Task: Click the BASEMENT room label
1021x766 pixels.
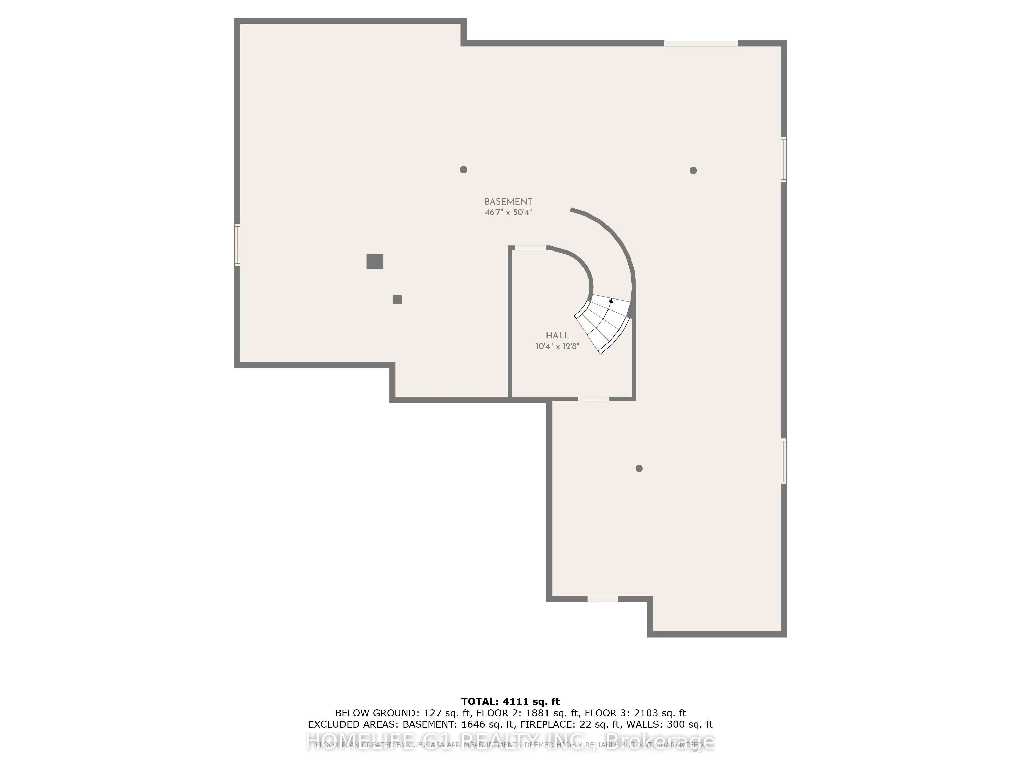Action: click(x=508, y=202)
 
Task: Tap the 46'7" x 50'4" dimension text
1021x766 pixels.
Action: click(x=508, y=212)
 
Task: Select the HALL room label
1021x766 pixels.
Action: click(x=557, y=336)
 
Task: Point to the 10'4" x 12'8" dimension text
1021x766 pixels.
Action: click(x=557, y=346)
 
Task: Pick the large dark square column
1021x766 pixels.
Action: click(x=375, y=261)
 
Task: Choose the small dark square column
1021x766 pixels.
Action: click(x=397, y=300)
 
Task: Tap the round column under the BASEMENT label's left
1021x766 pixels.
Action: click(x=464, y=170)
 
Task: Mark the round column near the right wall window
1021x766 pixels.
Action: click(x=693, y=170)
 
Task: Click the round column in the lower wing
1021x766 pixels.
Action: click(x=639, y=468)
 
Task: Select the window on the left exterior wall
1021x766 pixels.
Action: click(x=237, y=244)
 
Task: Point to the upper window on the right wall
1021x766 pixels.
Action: click(x=783, y=159)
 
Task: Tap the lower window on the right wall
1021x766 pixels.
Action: click(x=783, y=461)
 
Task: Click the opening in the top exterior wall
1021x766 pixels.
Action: click(x=701, y=43)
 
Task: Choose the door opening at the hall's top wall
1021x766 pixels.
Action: click(x=530, y=248)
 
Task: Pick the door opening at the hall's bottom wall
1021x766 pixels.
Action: click(x=593, y=399)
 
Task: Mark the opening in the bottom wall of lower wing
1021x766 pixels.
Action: click(x=603, y=599)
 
